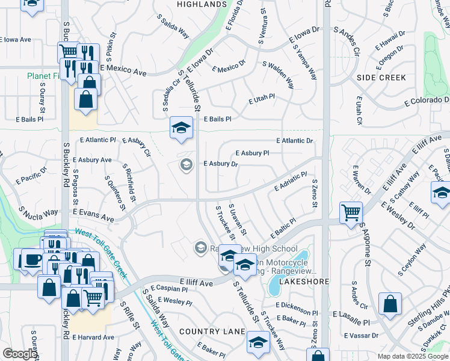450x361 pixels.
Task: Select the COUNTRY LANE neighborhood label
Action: [x=212, y=332]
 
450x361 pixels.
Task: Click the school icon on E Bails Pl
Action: [x=180, y=128]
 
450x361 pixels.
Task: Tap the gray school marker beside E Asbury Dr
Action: [x=186, y=164]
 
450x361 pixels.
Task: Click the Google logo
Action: [x=20, y=354]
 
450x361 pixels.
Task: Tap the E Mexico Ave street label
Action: [x=123, y=72]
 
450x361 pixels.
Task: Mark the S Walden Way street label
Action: [x=278, y=73]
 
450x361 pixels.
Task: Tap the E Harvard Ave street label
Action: [x=91, y=338]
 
